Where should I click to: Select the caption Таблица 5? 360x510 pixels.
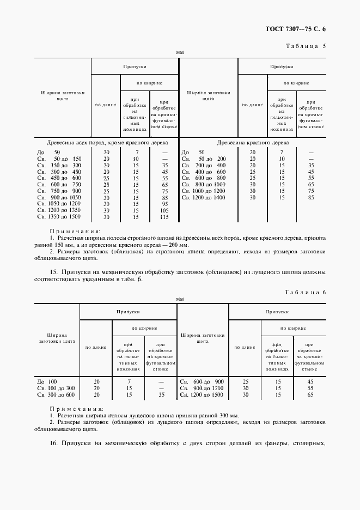305,46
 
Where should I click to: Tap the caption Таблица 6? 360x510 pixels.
305,293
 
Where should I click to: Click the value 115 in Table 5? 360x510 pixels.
164,217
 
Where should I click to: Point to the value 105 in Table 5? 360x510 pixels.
164,210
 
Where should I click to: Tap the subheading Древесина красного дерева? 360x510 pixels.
253,142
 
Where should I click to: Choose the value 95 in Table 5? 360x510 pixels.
164,204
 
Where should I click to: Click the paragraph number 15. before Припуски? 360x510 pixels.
53,271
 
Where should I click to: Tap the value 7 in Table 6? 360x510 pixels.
129,381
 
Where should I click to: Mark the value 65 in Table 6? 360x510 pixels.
310,394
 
